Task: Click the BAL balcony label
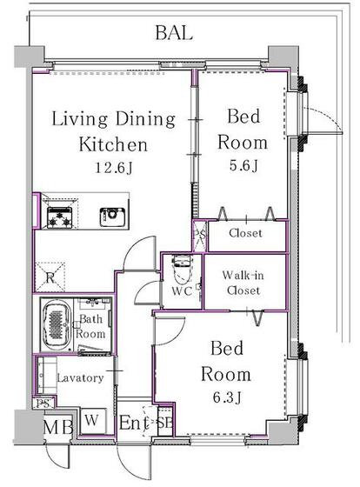click(174, 33)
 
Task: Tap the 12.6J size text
click(114, 168)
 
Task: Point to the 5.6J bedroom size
click(243, 165)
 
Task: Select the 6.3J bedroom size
click(227, 397)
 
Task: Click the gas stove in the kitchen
click(60, 217)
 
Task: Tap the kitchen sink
click(113, 217)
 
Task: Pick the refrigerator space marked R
click(50, 277)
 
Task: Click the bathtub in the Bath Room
click(57, 324)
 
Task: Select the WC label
click(182, 290)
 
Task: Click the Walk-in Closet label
click(243, 283)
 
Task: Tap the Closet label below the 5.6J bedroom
click(245, 233)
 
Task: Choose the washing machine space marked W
click(92, 420)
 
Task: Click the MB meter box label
click(58, 427)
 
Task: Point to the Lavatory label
click(81, 377)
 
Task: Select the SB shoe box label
click(163, 423)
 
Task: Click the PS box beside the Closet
click(199, 236)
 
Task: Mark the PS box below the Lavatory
click(43, 404)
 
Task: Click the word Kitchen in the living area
click(113, 144)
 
